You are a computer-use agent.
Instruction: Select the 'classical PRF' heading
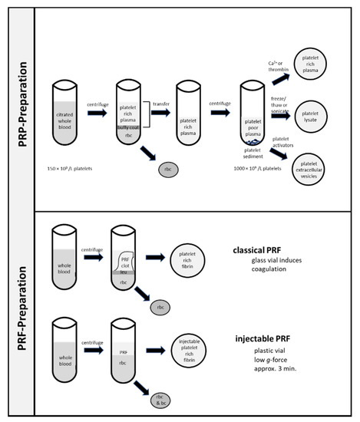pyautogui.click(x=261, y=251)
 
